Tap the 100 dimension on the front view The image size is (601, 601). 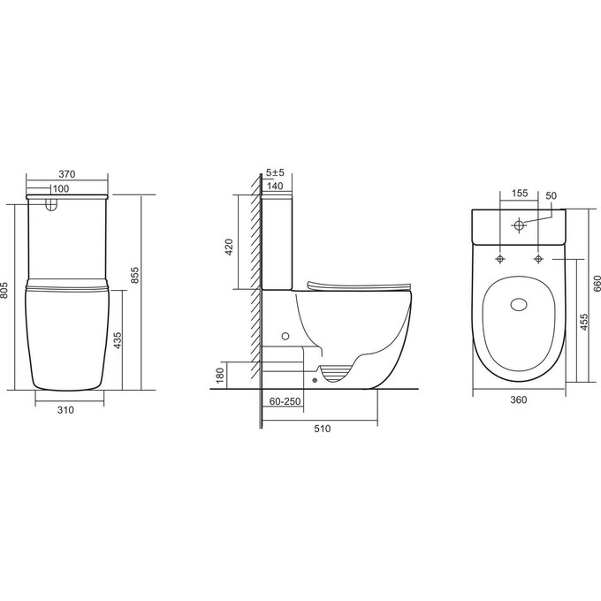pos(61,188)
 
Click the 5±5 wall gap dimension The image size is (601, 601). pos(275,173)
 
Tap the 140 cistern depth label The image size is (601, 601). pos(274,186)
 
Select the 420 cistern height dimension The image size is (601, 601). pos(228,246)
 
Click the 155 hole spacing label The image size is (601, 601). pos(519,193)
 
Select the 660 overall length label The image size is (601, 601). pos(597,282)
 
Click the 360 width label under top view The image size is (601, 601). pos(518,399)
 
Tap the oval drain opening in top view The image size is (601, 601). pos(520,305)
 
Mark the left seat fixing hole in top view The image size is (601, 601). pos(501,258)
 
